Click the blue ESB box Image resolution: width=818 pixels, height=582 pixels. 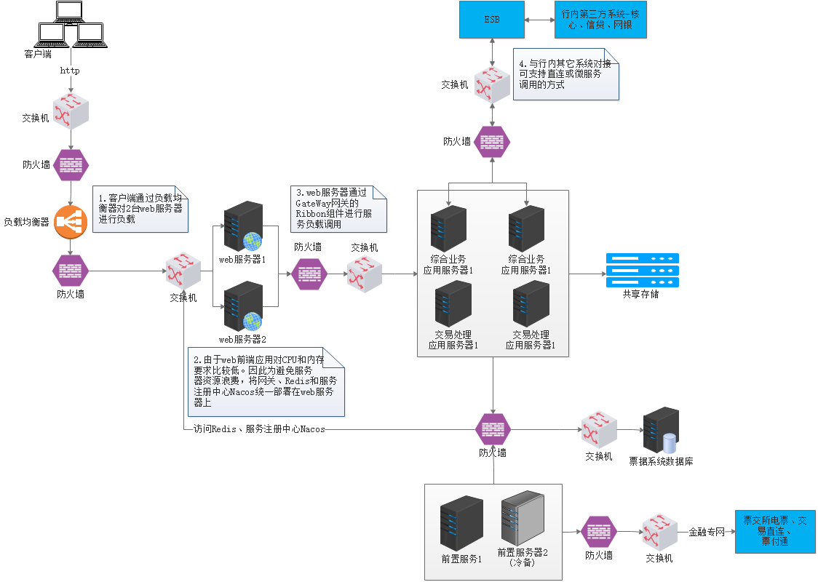[x=493, y=20]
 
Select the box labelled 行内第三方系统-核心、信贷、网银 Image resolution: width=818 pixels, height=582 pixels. [x=600, y=20]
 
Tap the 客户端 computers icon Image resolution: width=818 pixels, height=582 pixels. [x=71, y=25]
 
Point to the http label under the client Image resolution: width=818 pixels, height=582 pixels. [x=70, y=71]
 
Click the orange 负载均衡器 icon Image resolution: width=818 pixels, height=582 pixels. [x=71, y=222]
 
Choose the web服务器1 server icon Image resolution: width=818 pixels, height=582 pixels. [x=242, y=226]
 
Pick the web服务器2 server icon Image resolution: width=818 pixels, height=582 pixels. [x=242, y=306]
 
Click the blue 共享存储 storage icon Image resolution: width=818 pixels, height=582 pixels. [x=642, y=270]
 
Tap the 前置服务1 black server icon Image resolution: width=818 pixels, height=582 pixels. [x=461, y=523]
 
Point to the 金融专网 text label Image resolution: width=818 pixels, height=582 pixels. [x=707, y=533]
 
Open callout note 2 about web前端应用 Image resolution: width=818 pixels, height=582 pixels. [x=265, y=382]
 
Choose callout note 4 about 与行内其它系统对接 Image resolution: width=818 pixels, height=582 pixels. [x=566, y=74]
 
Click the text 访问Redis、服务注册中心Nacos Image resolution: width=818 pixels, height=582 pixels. [x=259, y=429]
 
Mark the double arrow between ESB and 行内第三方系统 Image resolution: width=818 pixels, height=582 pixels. [x=539, y=20]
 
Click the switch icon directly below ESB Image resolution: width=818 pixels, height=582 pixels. [x=493, y=84]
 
